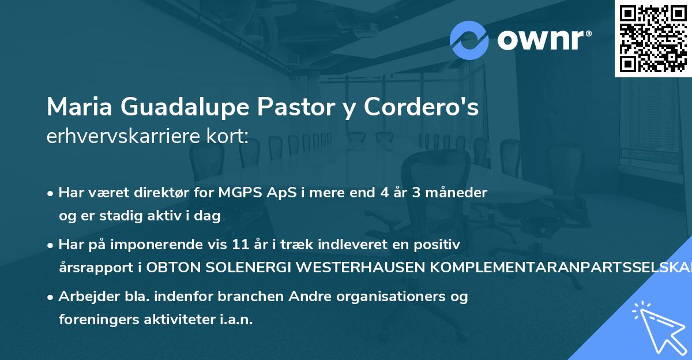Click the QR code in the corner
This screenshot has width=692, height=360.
coord(653,39)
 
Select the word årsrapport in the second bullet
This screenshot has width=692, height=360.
coord(92,267)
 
